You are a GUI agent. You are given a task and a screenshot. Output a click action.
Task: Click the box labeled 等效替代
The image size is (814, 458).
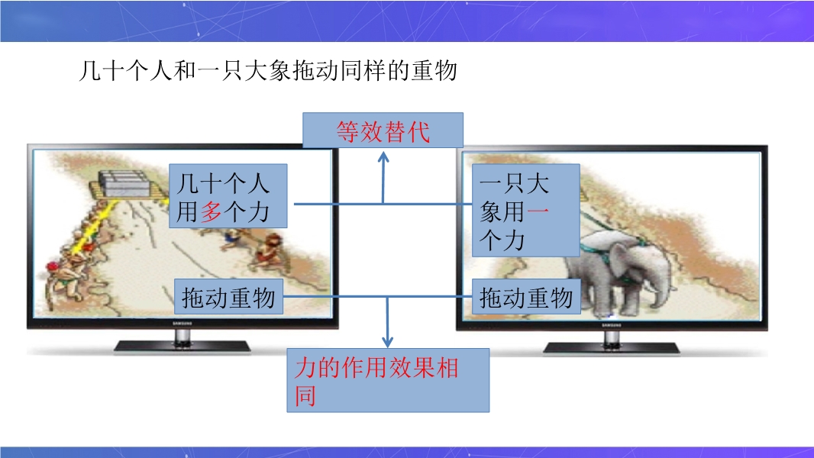(383, 131)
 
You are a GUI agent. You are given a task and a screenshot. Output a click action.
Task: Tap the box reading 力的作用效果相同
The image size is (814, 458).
(388, 380)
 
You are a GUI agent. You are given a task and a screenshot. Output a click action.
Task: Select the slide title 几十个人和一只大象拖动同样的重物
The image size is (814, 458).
(268, 70)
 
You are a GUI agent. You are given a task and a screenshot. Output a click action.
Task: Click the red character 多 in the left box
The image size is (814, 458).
(212, 212)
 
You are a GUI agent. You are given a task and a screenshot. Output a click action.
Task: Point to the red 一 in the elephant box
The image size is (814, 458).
(537, 211)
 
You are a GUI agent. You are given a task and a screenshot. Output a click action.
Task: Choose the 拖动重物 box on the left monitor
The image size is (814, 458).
(228, 297)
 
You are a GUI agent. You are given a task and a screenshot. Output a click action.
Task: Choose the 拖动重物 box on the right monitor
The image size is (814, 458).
(526, 297)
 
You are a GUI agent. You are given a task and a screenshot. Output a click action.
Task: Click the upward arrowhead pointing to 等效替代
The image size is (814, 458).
(383, 156)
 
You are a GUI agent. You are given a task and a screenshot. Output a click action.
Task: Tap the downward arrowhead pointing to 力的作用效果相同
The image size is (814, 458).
(387, 342)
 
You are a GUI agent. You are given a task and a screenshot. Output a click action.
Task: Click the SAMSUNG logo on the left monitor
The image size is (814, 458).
(182, 324)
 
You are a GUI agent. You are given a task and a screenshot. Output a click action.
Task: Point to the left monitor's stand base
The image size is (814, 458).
(182, 346)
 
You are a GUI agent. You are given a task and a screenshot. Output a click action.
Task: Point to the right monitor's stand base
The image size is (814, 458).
(611, 347)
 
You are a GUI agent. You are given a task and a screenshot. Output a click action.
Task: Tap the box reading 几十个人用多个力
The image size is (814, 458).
(228, 196)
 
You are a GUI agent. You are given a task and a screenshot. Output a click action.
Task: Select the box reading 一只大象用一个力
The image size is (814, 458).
(526, 210)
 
